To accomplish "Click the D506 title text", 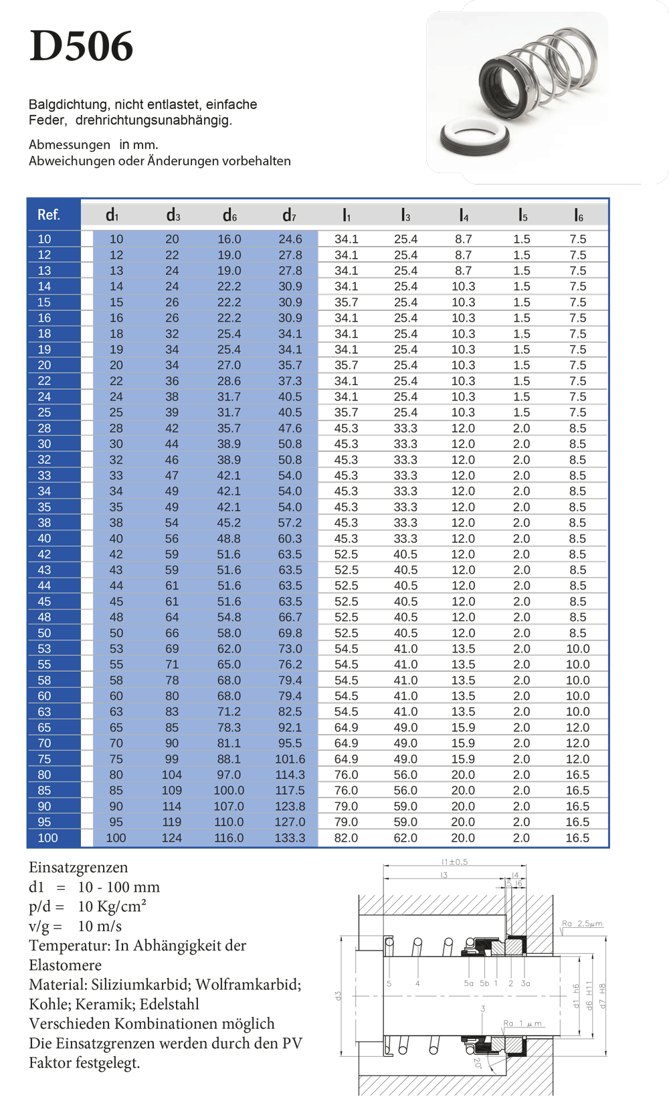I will tap(81, 47).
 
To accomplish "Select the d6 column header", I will tap(229, 215).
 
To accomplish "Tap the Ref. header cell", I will tap(48, 215).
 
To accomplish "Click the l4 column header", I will tap(464, 215).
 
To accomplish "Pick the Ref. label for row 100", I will tap(47, 838).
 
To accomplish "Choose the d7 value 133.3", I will tap(290, 838).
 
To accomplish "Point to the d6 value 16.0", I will tap(229, 239).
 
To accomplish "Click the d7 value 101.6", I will tap(290, 759).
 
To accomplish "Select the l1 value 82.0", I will tap(346, 838).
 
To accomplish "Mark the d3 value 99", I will tap(172, 759).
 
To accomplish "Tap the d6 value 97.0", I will tap(229, 775).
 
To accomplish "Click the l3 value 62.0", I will tap(405, 838).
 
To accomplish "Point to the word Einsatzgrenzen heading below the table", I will tap(78, 868).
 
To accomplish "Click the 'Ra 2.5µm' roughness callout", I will tap(582, 924).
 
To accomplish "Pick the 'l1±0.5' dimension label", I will tap(454, 862).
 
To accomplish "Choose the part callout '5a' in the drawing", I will tap(468, 983).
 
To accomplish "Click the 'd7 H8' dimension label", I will tap(602, 995).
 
